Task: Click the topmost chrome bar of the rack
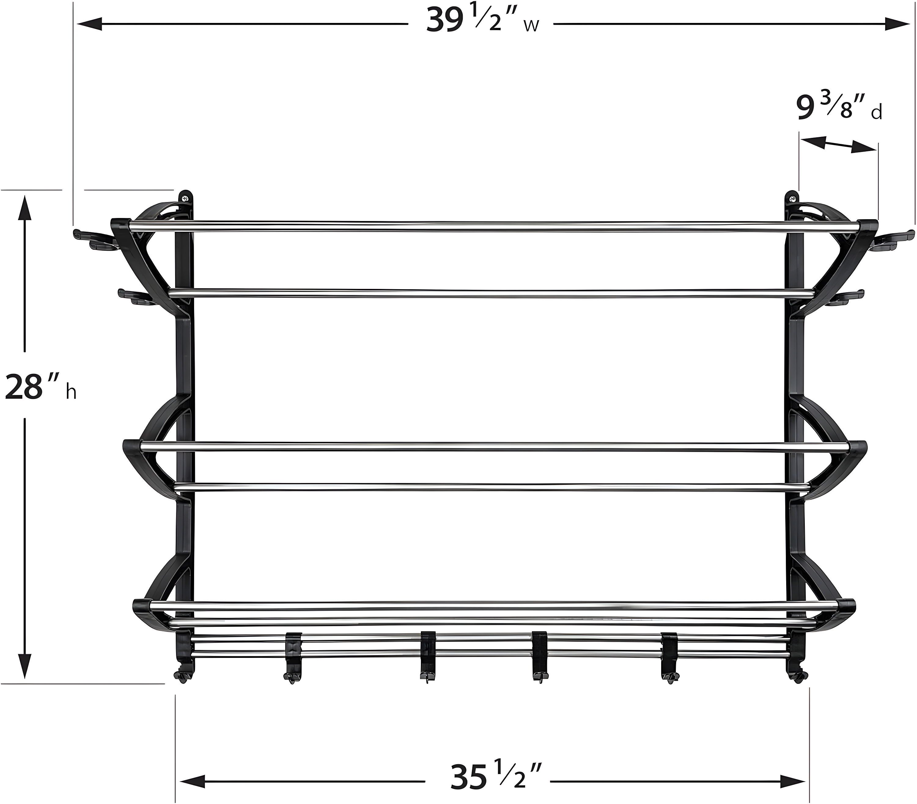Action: (493, 226)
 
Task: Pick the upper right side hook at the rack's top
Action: (893, 237)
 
